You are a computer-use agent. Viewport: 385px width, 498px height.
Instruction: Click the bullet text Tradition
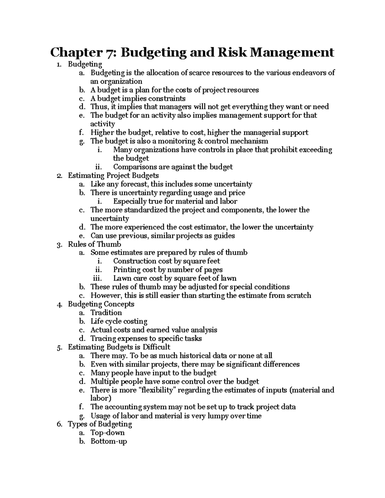coord(106,313)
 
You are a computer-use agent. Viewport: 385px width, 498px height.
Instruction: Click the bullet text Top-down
coord(107,433)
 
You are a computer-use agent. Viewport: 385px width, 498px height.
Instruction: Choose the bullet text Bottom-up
coord(109,442)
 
